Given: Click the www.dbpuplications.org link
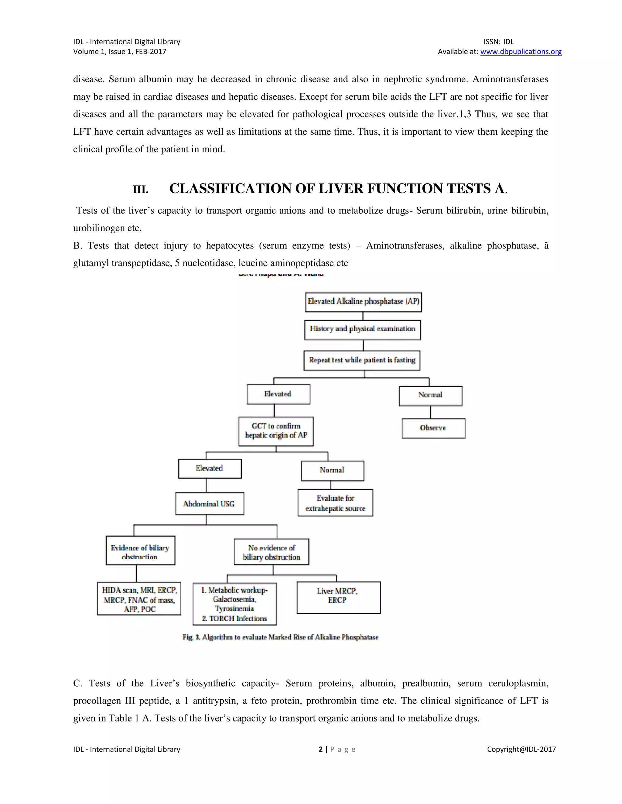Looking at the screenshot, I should [x=521, y=52].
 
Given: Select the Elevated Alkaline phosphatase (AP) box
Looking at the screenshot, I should [x=363, y=302].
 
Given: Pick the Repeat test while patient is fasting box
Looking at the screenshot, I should [x=362, y=360].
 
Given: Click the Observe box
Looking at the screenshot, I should [x=433, y=428].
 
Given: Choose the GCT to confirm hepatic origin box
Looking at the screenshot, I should [x=276, y=431].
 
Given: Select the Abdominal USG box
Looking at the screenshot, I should [x=209, y=503].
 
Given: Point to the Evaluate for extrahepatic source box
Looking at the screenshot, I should [x=335, y=503].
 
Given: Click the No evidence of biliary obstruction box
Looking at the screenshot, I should [x=272, y=552].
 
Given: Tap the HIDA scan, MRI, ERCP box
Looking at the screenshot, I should [x=139, y=598].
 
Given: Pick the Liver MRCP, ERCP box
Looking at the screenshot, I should [x=338, y=597].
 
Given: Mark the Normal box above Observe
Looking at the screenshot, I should [x=431, y=396].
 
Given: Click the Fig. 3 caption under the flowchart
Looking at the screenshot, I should [x=280, y=637].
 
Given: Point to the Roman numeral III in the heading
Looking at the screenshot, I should [x=140, y=190].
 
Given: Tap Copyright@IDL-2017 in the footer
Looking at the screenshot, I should [x=521, y=749].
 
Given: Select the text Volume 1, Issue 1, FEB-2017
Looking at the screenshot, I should [x=119, y=52].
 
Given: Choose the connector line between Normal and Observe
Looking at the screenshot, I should [x=430, y=412].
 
